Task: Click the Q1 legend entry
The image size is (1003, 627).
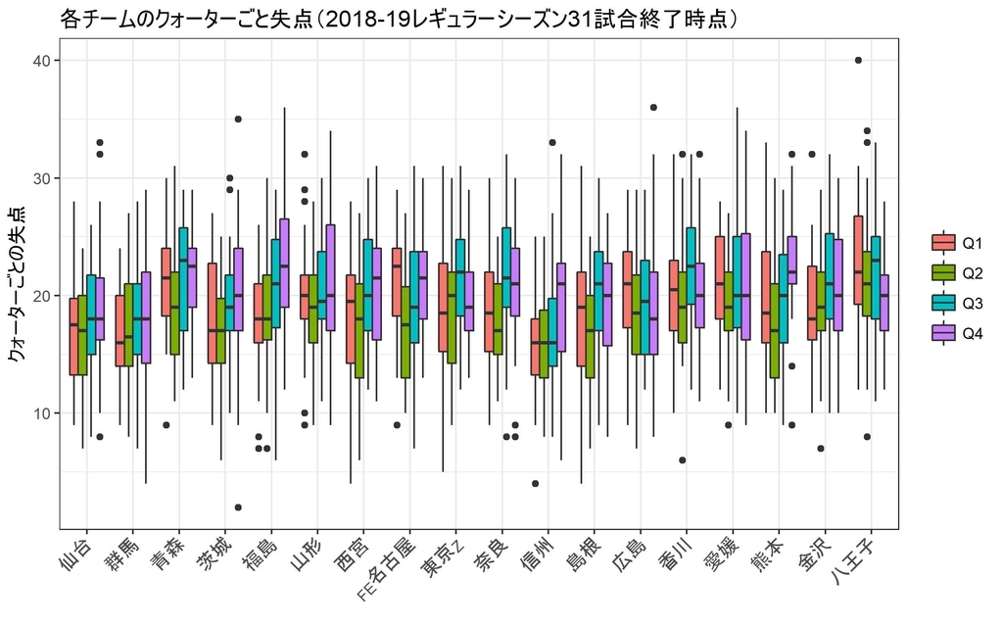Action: pos(955,242)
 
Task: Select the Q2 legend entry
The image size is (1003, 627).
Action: pos(955,272)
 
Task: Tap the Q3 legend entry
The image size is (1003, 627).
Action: pos(955,303)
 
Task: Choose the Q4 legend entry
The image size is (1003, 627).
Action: pos(955,333)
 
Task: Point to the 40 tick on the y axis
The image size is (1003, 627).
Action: pos(45,61)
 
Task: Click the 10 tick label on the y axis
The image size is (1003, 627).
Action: pos(45,413)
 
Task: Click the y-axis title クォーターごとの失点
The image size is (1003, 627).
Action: pos(17,285)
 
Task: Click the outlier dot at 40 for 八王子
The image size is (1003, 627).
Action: pos(858,61)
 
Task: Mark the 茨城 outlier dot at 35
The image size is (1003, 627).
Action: pos(238,120)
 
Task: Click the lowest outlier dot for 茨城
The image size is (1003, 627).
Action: pos(238,507)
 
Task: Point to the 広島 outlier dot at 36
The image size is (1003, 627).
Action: pos(653,108)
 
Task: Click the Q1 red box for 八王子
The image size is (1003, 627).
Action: pos(858,260)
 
